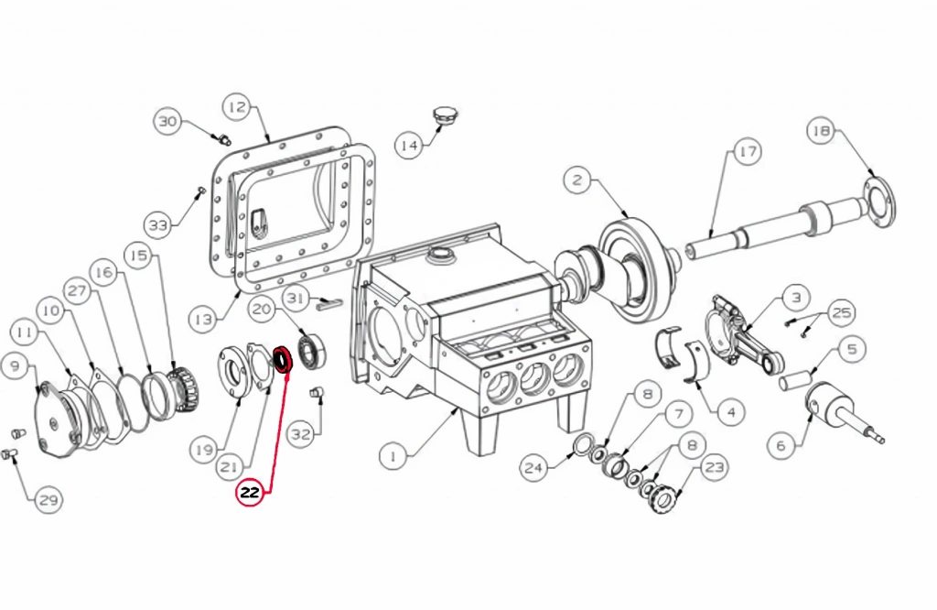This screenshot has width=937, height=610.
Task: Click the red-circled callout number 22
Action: (250, 493)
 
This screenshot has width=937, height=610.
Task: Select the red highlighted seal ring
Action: (282, 360)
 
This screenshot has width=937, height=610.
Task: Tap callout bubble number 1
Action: (393, 456)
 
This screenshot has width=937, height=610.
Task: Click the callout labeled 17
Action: (747, 152)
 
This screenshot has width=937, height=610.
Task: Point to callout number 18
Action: (821, 131)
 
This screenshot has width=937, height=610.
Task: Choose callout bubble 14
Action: (409, 146)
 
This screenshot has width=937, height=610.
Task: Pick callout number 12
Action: (237, 108)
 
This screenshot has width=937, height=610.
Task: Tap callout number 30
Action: (168, 122)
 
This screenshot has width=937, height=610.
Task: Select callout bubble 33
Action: (159, 225)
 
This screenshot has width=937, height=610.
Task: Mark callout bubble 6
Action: (781, 445)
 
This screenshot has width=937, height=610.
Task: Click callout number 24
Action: (533, 467)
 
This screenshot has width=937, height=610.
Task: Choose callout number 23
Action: (715, 467)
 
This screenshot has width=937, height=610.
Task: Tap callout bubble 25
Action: (842, 312)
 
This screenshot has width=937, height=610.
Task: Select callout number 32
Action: (300, 433)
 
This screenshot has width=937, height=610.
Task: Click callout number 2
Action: (576, 180)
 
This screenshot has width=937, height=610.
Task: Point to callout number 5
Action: (851, 349)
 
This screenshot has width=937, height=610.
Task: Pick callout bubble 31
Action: (296, 298)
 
